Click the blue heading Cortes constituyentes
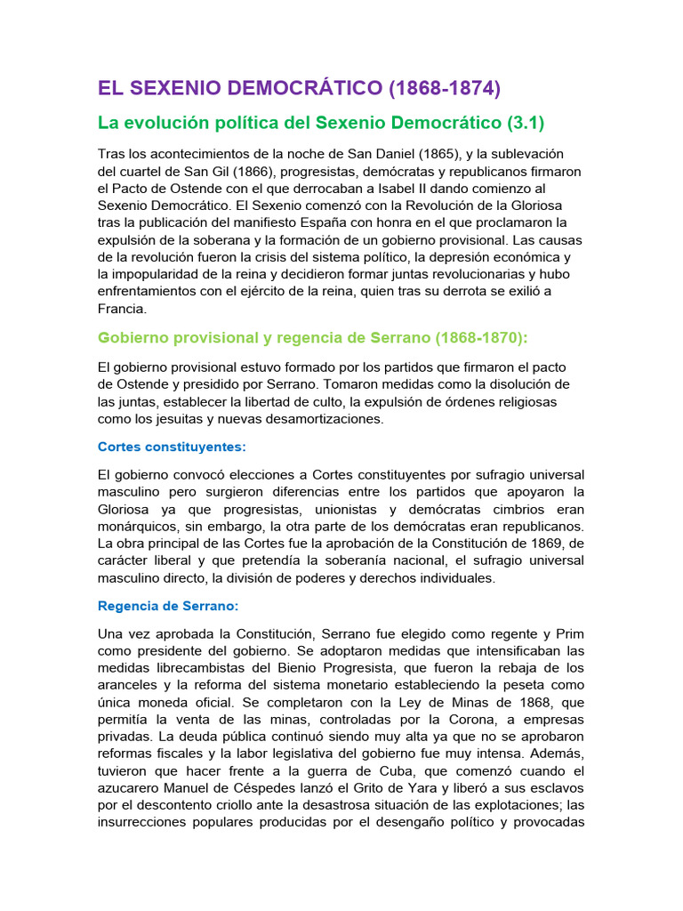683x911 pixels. [172, 446]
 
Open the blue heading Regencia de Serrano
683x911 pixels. [168, 605]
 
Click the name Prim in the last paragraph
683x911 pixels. [569, 633]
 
